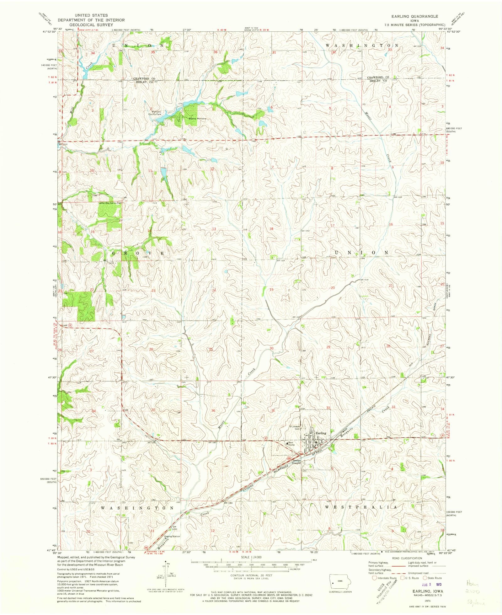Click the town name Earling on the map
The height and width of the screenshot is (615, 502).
[321, 433]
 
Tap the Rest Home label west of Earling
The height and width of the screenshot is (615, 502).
[291, 444]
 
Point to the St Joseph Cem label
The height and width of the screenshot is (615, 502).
[295, 427]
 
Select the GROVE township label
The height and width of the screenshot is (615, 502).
[138, 253]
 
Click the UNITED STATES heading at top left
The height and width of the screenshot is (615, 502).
[91, 15]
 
